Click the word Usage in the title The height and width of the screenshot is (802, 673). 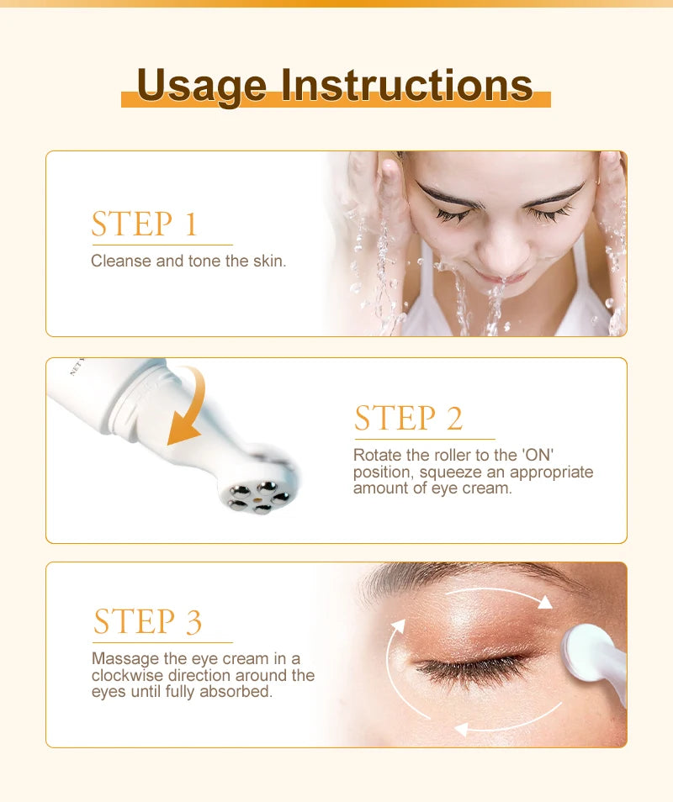203,86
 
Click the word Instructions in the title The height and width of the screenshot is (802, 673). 406,86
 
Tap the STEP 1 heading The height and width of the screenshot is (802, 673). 144,224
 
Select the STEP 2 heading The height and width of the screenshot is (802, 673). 408,418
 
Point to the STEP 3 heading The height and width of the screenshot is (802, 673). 147,621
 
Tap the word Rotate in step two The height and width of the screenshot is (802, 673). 377,455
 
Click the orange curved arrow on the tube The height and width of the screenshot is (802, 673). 189,408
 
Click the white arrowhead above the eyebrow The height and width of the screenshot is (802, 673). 545,602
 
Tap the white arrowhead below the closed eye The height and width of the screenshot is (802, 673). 459,730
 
